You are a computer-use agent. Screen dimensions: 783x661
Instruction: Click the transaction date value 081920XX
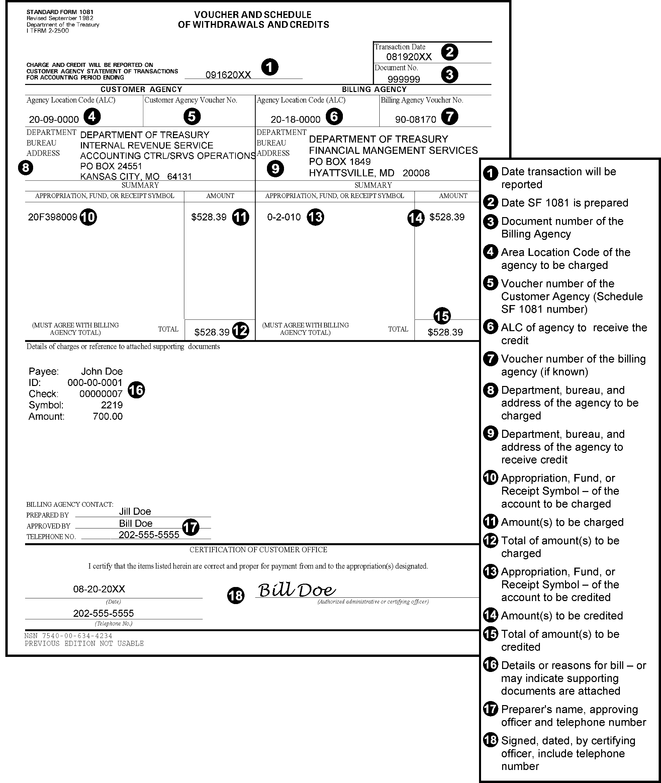[409, 57]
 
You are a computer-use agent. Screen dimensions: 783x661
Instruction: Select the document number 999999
[403, 79]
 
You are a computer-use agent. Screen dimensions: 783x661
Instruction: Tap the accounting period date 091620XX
[228, 75]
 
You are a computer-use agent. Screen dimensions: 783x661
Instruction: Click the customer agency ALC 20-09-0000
[54, 119]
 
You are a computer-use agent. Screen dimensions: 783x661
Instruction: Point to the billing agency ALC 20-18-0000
[295, 119]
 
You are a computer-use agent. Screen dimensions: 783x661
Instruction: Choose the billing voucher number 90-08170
[415, 119]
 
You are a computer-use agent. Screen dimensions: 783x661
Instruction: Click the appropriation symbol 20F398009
[53, 217]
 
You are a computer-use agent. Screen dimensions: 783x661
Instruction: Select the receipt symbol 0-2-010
[284, 217]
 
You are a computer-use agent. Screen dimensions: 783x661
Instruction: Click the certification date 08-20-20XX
[99, 589]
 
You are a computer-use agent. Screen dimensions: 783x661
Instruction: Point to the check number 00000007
[101, 394]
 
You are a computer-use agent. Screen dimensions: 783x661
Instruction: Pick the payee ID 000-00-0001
[95, 383]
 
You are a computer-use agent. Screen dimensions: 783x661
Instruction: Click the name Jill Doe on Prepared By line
[135, 511]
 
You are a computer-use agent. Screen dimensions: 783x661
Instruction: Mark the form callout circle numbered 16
[136, 390]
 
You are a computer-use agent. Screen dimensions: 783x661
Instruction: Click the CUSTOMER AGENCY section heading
[141, 90]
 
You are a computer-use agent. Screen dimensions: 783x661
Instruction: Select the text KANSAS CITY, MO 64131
[136, 177]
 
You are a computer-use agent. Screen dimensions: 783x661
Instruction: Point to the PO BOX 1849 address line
[340, 162]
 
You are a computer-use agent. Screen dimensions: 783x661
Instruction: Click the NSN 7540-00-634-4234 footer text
[68, 636]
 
